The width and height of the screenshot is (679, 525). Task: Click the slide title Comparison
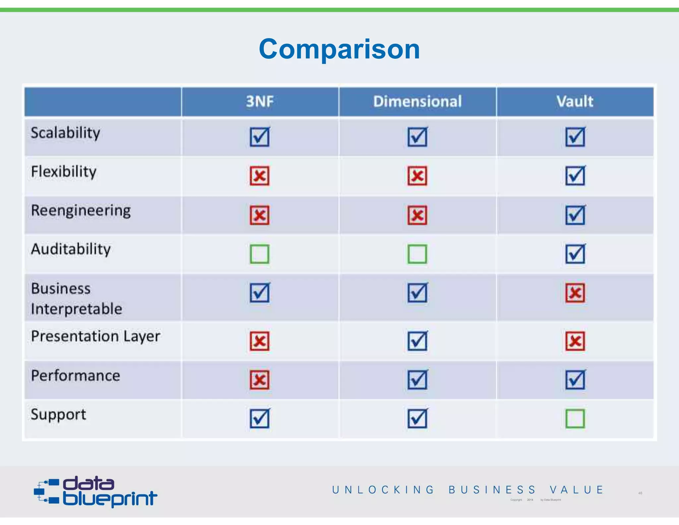click(x=339, y=49)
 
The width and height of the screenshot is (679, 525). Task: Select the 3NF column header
click(x=260, y=102)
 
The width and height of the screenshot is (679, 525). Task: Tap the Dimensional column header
click(x=417, y=102)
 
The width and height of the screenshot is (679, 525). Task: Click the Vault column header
click(x=575, y=102)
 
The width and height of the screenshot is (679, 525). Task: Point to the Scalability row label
click(x=65, y=133)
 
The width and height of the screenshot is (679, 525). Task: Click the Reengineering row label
click(x=81, y=211)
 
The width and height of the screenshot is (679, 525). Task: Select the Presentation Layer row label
click(x=95, y=337)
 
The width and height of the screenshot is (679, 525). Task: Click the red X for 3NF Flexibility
click(x=260, y=176)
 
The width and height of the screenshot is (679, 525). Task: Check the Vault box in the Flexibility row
click(x=575, y=176)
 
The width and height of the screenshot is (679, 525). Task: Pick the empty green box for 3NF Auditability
click(x=260, y=254)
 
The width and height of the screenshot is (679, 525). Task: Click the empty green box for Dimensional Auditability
click(x=417, y=254)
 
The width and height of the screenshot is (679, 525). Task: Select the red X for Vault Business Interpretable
click(x=575, y=293)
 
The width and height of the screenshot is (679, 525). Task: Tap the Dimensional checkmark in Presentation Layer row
click(x=417, y=341)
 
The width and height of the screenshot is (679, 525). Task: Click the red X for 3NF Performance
click(x=260, y=380)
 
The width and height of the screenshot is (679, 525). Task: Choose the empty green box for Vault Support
click(x=575, y=419)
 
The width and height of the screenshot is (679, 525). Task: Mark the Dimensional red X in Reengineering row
click(x=417, y=215)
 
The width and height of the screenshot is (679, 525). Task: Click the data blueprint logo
click(x=95, y=492)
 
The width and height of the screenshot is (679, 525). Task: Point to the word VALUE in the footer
click(x=576, y=490)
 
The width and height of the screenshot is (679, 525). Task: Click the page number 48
click(x=640, y=493)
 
